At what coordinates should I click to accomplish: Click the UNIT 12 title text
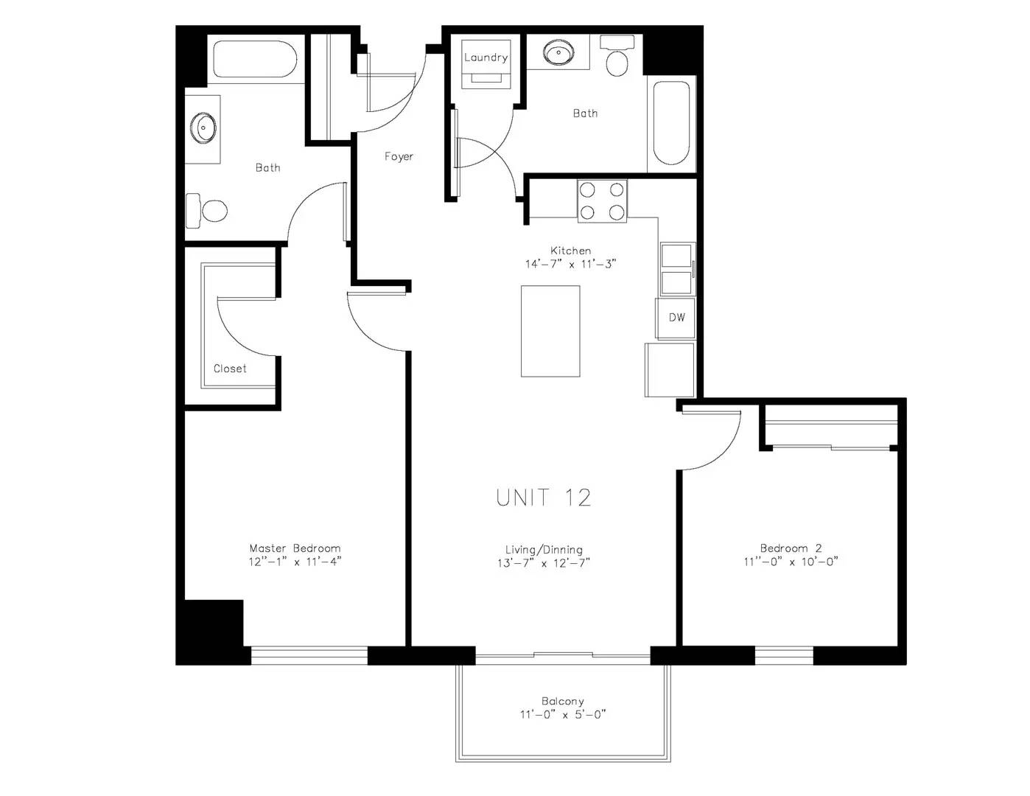544,497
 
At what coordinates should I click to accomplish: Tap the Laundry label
486,57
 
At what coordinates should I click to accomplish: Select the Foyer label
399,156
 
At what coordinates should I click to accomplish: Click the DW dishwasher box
676,318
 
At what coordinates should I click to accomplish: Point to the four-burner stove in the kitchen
602,201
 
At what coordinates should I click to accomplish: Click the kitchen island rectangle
550,331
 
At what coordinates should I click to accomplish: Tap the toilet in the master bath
206,211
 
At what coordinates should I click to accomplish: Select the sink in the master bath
204,128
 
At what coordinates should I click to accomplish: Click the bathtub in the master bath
255,59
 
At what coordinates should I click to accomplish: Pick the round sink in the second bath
558,52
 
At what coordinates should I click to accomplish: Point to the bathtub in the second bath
671,123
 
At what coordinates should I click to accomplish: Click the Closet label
230,369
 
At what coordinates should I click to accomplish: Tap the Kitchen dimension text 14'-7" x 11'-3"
570,264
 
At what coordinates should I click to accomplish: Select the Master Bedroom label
295,548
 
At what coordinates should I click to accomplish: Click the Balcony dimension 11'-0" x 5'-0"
563,714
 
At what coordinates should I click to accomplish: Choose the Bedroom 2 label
791,548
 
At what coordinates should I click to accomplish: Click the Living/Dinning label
544,550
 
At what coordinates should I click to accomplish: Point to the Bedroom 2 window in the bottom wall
784,655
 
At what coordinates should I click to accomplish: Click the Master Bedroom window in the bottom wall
309,655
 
